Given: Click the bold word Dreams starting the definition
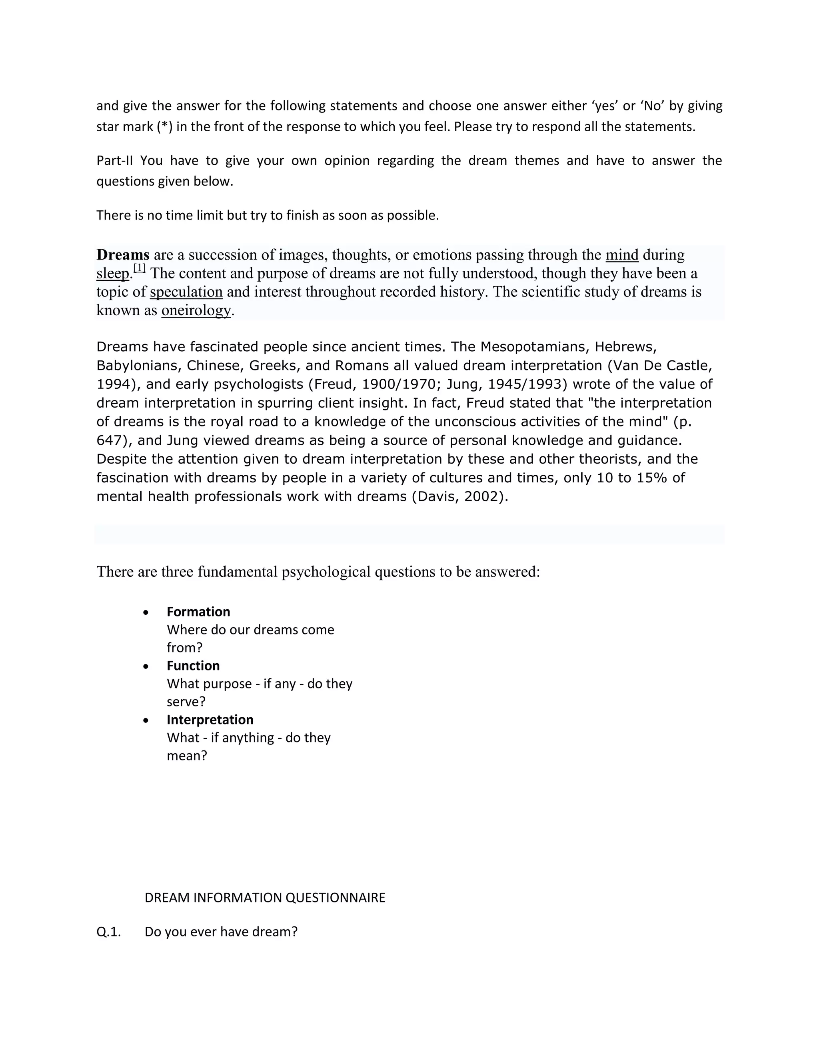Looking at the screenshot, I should click(x=123, y=255).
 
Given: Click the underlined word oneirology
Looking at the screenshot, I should click(x=196, y=310).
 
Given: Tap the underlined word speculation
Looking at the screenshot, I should click(x=186, y=292).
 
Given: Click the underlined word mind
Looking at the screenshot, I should click(x=622, y=255).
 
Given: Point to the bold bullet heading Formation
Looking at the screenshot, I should click(x=198, y=612).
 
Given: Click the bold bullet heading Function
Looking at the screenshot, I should click(x=193, y=666).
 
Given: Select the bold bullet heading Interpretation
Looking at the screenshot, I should click(x=210, y=719).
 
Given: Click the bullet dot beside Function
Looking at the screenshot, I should click(x=146, y=667).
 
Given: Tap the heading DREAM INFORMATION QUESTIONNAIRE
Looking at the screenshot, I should click(x=265, y=898).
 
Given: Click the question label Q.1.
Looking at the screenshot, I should click(x=109, y=932).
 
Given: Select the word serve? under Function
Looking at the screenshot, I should click(x=186, y=702).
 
